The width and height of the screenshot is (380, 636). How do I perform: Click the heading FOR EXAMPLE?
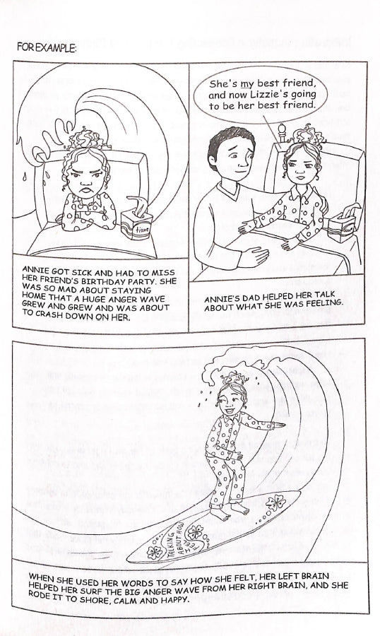pos(46,47)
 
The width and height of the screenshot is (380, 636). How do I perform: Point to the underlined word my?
pos(247,84)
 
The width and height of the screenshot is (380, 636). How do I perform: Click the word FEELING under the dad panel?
pos(321,302)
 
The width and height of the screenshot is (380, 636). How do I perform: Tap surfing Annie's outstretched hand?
pos(278,425)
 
